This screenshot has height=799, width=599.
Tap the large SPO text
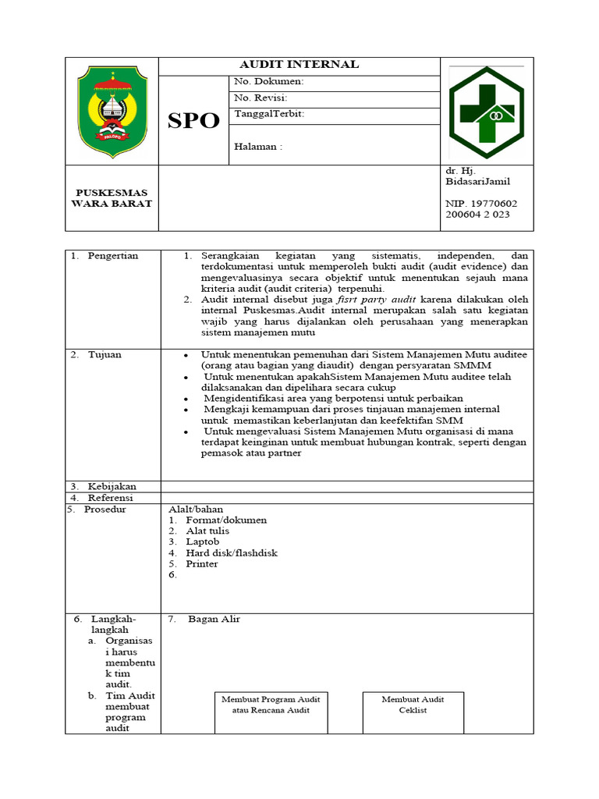pyautogui.click(x=193, y=121)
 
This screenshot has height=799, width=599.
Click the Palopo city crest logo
pyautogui.click(x=112, y=111)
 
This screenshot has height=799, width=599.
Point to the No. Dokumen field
pyautogui.click(x=269, y=81)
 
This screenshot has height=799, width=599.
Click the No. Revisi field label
pyautogui.click(x=262, y=98)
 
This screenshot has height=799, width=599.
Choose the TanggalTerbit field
pyautogui.click(x=269, y=115)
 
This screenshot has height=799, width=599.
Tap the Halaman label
pyautogui.click(x=258, y=147)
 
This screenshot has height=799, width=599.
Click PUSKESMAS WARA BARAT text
pyautogui.click(x=112, y=198)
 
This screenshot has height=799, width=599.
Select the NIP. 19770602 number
pyautogui.click(x=480, y=203)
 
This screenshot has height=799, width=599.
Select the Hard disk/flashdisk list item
pyautogui.click(x=231, y=553)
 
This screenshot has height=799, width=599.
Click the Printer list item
pyautogui.click(x=201, y=564)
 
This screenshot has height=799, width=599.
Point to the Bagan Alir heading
pyautogui.click(x=214, y=620)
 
